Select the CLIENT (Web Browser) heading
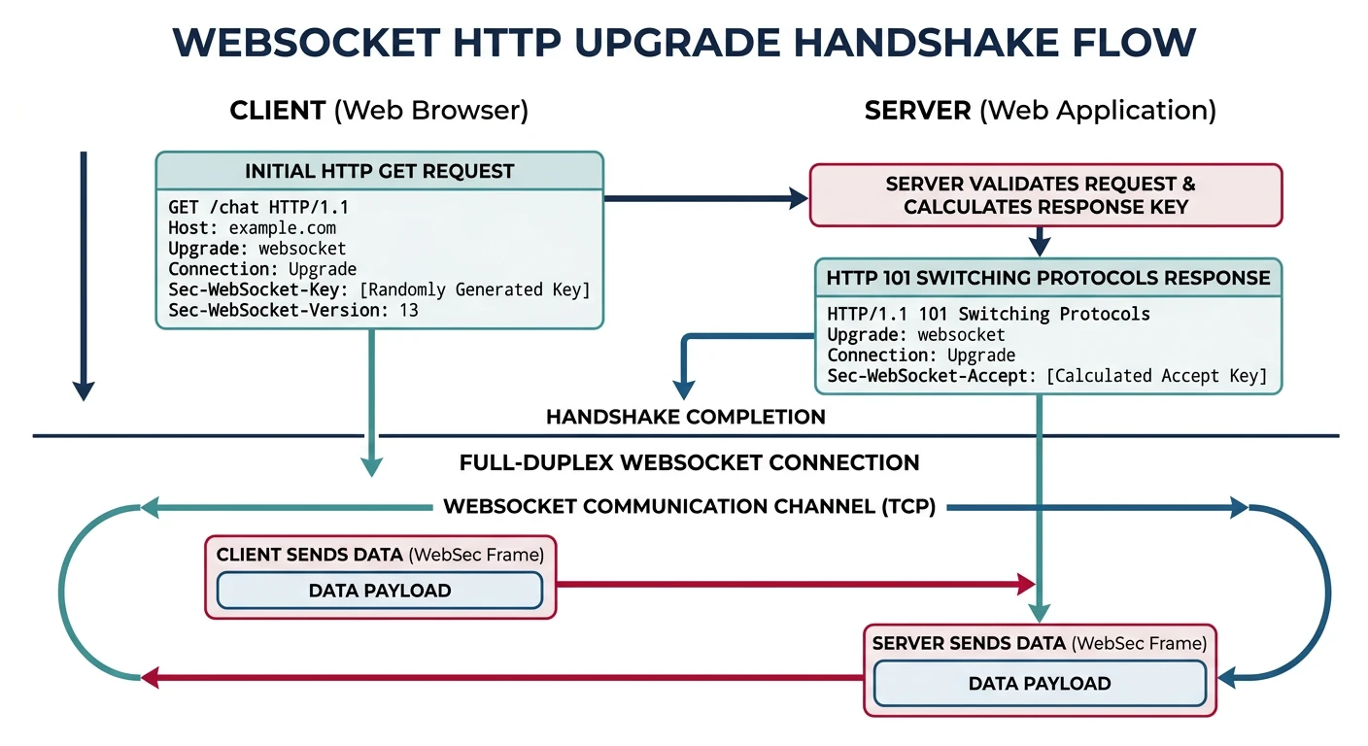[x=379, y=111]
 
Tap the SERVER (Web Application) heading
[x=1040, y=111]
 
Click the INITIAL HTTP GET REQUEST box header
[x=379, y=171]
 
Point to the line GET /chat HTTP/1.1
[x=258, y=208]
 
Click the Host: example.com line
[x=253, y=228]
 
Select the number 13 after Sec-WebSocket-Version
[x=408, y=311]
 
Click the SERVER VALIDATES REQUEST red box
[x=1045, y=195]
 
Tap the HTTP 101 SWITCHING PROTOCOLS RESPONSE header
[x=1047, y=278]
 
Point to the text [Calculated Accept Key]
[x=1156, y=376]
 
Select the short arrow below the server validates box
[x=1040, y=241]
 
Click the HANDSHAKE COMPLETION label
[x=685, y=418]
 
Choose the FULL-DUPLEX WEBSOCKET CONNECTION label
[x=689, y=462]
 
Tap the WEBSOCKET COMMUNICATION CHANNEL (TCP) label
[x=689, y=507]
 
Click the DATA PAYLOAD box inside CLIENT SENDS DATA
[x=379, y=591]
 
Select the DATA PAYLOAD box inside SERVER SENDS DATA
[x=1040, y=684]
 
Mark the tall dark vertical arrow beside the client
[x=85, y=277]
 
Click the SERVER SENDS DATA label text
[x=967, y=644]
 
